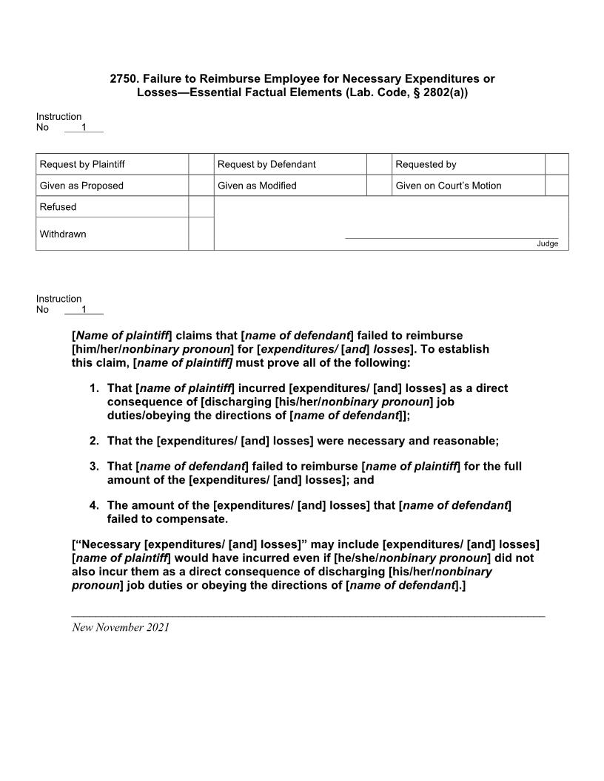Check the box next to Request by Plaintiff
201,164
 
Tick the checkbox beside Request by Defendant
379,164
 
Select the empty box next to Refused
201,207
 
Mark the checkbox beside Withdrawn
201,234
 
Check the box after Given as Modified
379,186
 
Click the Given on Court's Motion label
448,186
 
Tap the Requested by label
426,164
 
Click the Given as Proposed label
81,186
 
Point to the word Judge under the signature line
548,244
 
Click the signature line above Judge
452,238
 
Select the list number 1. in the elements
94,388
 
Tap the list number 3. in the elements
94,467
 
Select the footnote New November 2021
121,627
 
